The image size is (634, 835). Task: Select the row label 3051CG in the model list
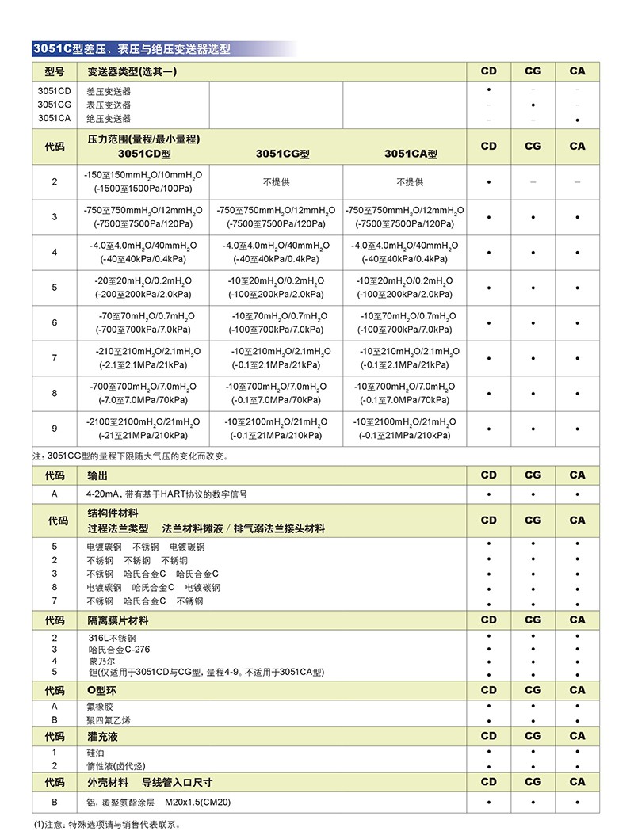pos(55,105)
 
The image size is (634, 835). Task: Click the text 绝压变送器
pos(109,119)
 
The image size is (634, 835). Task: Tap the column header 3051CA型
pos(411,154)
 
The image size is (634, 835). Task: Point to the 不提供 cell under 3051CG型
pos(277,182)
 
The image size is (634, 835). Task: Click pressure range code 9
pos(55,429)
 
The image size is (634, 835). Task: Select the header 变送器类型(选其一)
pos(131,71)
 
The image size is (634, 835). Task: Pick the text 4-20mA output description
pos(167,494)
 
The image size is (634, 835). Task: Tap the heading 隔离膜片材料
pos(118,620)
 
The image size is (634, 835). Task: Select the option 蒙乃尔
pos(101,661)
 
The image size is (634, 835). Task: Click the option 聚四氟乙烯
pos(109,720)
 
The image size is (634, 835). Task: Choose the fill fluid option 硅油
pos(96,753)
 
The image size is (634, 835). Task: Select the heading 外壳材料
pos(108,783)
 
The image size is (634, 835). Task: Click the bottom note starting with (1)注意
pos(107,825)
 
